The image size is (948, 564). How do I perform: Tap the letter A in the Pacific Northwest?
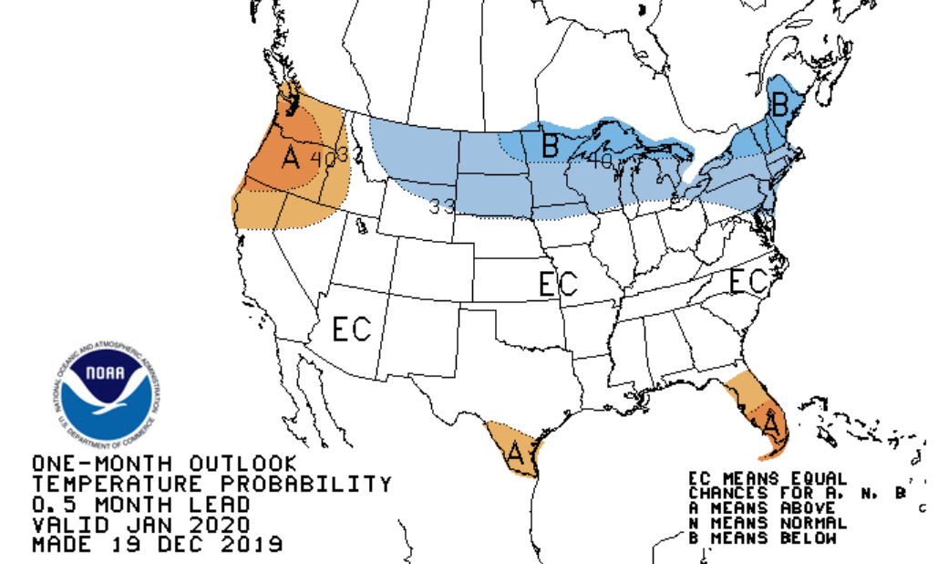pyautogui.click(x=291, y=158)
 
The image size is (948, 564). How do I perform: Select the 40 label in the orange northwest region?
pyautogui.click(x=321, y=158)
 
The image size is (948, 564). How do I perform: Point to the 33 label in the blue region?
pyautogui.click(x=443, y=206)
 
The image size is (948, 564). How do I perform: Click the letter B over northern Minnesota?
pyautogui.click(x=550, y=145)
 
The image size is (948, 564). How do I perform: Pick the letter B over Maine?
pyautogui.click(x=779, y=104)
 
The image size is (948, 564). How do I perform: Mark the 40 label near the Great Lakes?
pyautogui.click(x=600, y=161)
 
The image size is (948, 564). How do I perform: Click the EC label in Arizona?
pyautogui.click(x=352, y=329)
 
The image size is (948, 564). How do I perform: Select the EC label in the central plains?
pyautogui.click(x=558, y=284)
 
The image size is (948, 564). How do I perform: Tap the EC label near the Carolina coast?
pyautogui.click(x=747, y=282)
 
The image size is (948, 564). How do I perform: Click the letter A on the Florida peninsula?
pyautogui.click(x=770, y=423)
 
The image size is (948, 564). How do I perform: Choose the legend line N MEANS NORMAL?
pyautogui.click(x=768, y=523)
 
